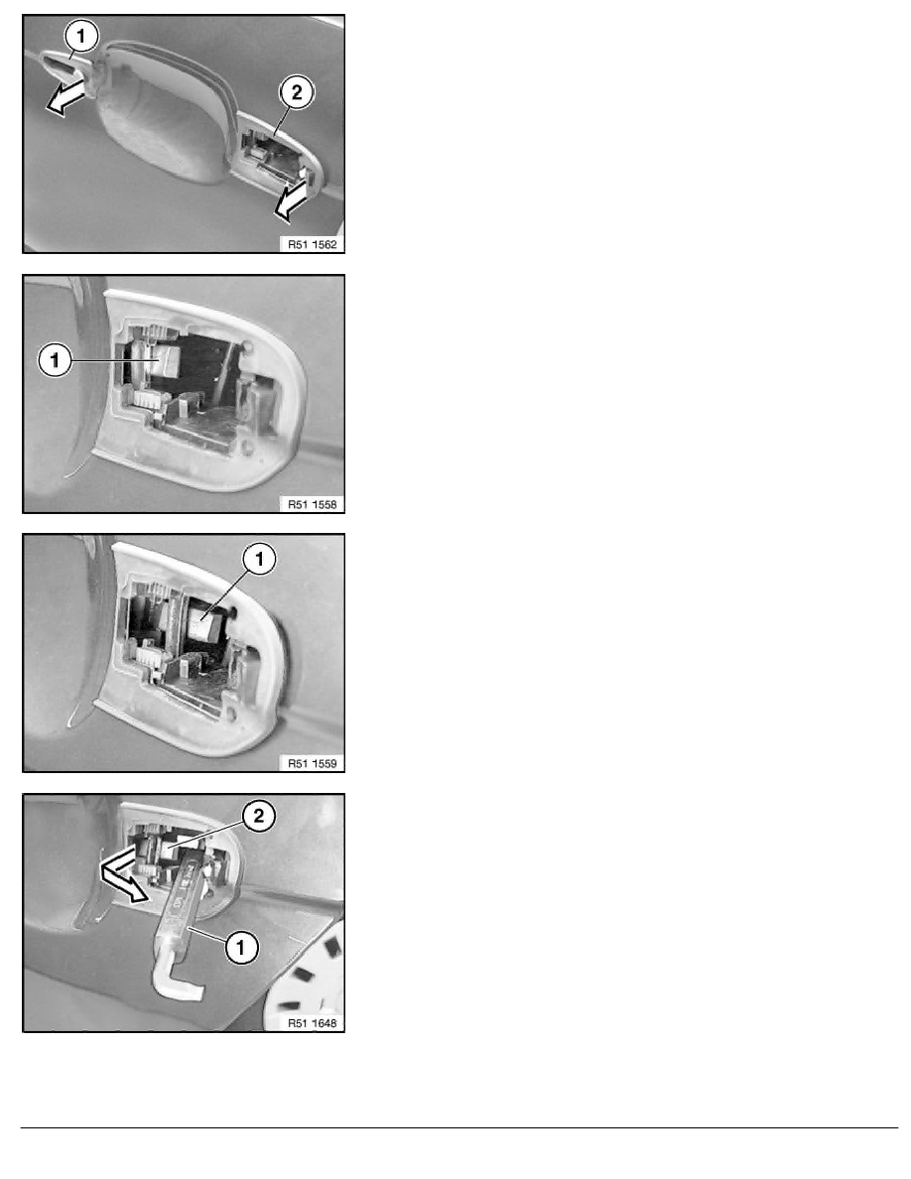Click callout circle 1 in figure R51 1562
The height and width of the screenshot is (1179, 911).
coord(81,36)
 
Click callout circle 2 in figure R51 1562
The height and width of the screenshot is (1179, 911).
coord(296,92)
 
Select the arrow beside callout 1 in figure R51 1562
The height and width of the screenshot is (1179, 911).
coord(66,98)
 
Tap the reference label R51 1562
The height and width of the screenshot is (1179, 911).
coord(312,244)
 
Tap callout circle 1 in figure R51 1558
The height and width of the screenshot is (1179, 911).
coord(55,360)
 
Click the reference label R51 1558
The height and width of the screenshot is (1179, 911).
coord(312,504)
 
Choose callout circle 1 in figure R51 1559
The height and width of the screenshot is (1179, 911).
coord(260,559)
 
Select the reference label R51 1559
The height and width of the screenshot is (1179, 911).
coord(312,764)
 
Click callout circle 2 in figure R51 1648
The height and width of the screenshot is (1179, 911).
coord(259,816)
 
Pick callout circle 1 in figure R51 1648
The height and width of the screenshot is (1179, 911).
coord(241,947)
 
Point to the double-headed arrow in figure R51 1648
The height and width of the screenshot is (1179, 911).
coord(124,872)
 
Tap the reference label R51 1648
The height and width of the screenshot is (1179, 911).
coord(312,1023)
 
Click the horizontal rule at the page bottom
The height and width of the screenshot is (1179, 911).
coord(459,1127)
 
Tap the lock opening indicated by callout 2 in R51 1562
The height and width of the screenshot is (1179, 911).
coord(274,157)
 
